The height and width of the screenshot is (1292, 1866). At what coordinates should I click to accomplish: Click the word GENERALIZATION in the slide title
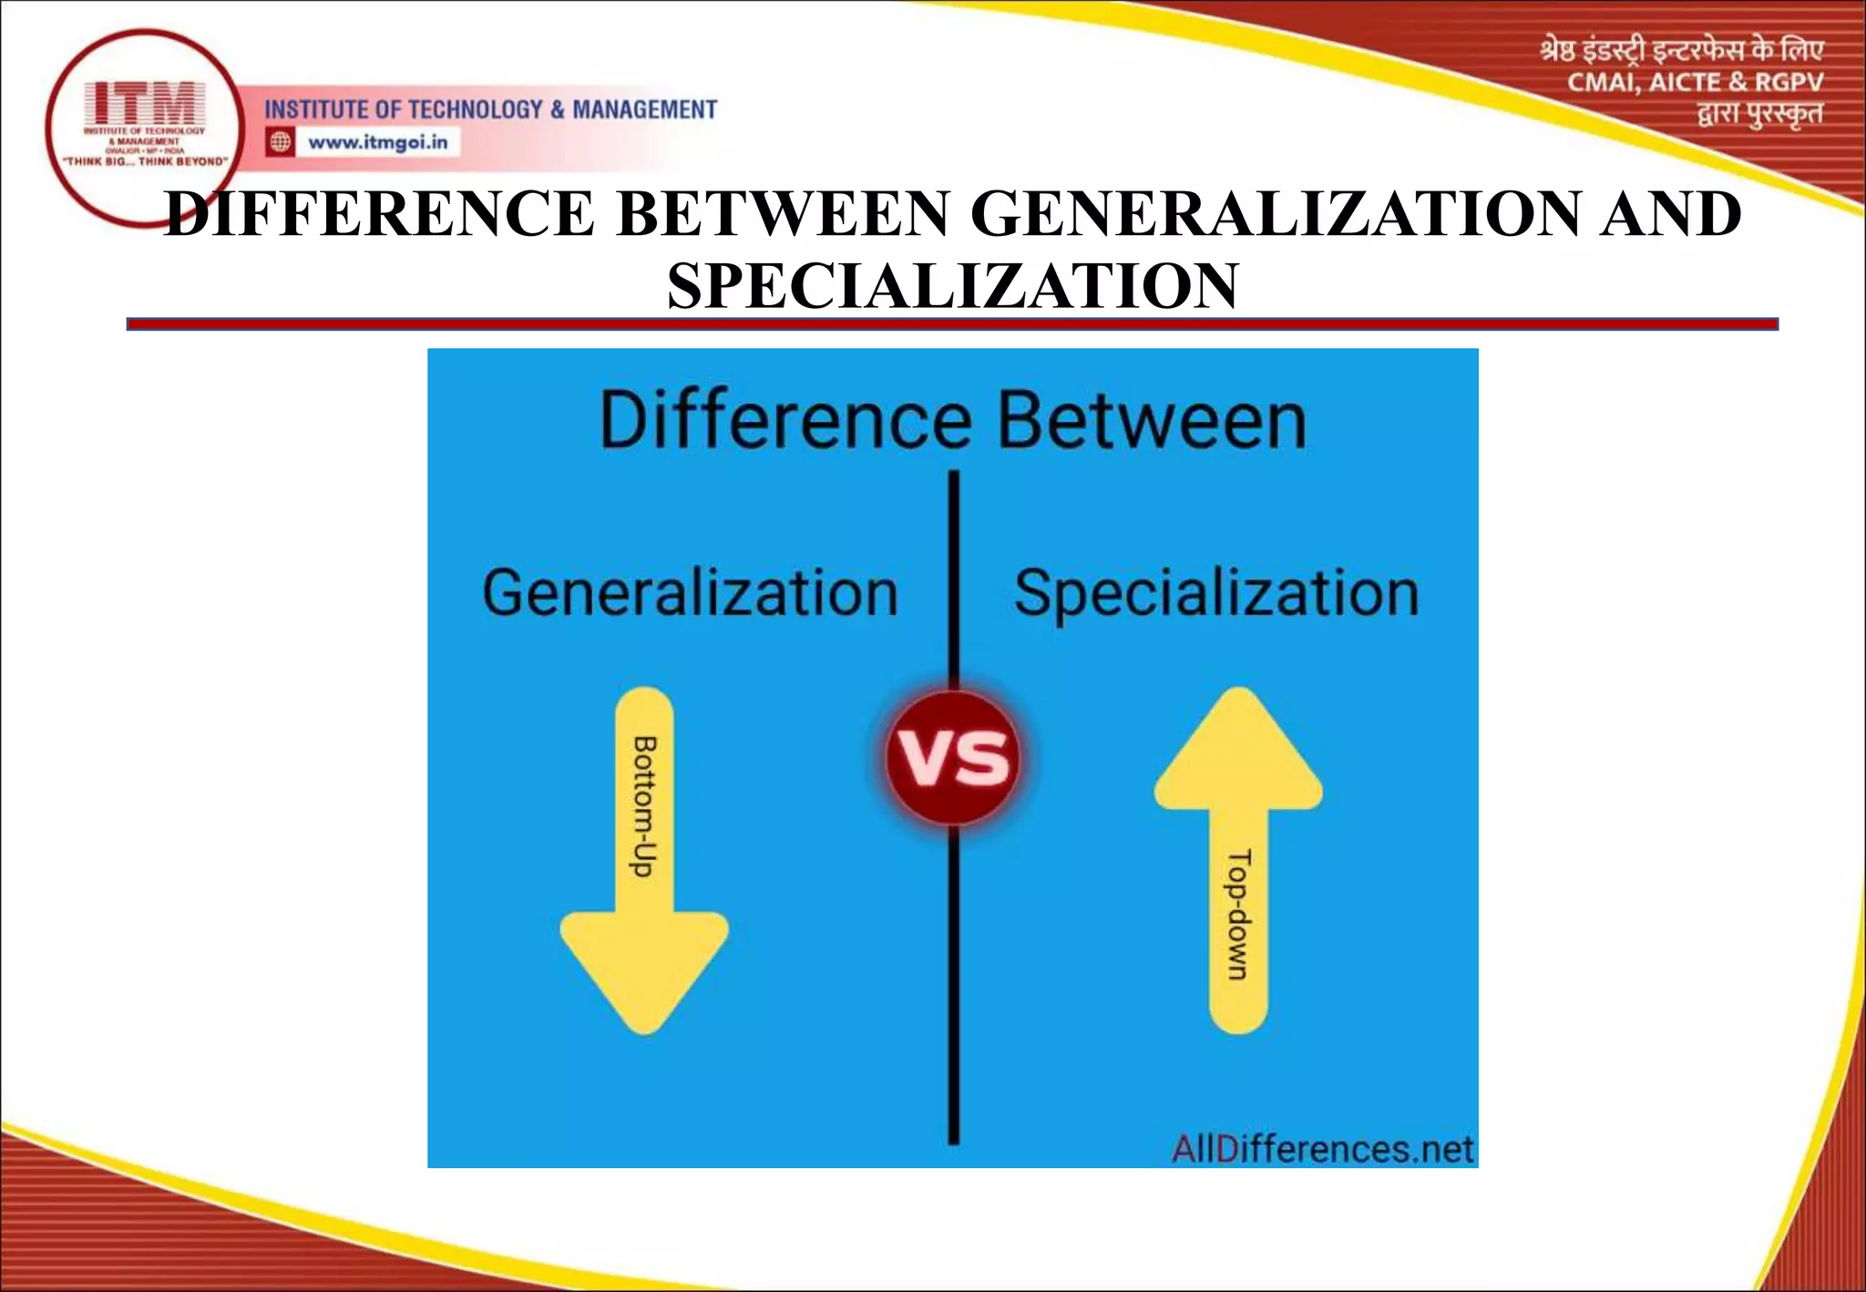click(x=1276, y=214)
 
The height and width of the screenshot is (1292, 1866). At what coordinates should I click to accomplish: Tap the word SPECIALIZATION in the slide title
click(x=952, y=286)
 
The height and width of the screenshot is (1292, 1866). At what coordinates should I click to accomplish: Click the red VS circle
click(x=953, y=758)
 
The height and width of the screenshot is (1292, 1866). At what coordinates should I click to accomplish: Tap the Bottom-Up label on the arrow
click(x=644, y=806)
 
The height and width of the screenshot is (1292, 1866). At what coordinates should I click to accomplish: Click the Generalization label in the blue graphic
click(x=690, y=593)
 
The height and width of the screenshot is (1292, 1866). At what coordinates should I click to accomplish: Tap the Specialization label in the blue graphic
click(x=1216, y=593)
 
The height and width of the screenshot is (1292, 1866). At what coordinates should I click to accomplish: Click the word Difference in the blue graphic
click(x=785, y=421)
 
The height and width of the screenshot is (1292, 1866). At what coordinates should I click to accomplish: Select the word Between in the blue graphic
click(x=1152, y=421)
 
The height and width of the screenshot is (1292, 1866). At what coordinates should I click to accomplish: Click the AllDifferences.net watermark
click(x=1322, y=1149)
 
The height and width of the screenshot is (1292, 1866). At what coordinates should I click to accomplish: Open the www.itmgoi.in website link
click(x=377, y=142)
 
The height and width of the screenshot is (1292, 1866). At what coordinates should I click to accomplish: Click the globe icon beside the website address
click(x=281, y=142)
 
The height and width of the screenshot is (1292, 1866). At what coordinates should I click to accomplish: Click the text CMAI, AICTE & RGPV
click(x=1695, y=83)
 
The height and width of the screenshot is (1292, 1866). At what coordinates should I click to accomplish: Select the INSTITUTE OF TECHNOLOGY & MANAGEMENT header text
click(x=490, y=110)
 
